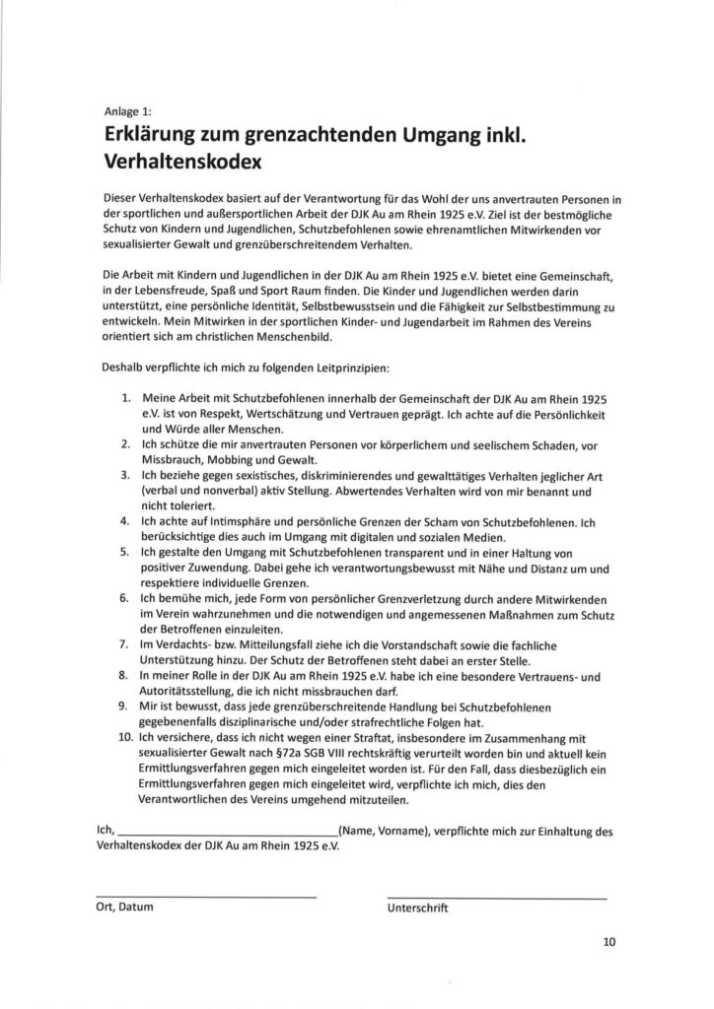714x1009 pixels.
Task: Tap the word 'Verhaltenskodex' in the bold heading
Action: (x=182, y=158)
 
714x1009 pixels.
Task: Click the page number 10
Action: (x=608, y=942)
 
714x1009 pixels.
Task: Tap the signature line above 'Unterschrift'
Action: (x=498, y=897)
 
